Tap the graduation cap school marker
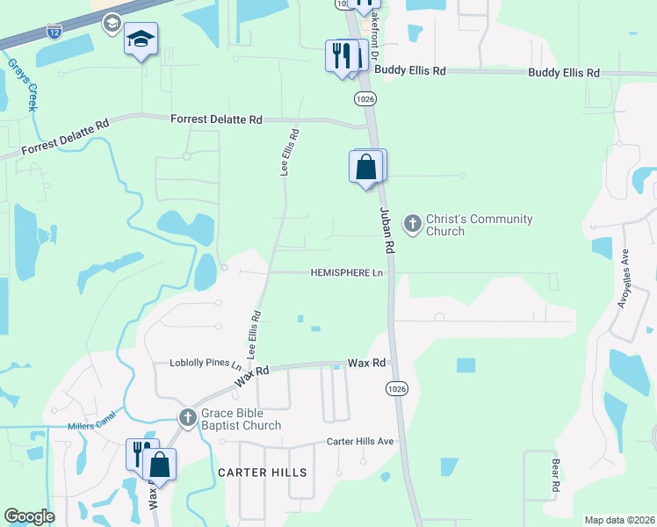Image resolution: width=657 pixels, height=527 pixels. click(141, 40)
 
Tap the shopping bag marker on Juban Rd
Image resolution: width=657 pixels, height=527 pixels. click(366, 166)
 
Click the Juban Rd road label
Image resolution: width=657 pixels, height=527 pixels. click(386, 231)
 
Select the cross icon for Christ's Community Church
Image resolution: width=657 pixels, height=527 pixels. click(412, 225)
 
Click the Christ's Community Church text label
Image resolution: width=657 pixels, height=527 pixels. click(479, 225)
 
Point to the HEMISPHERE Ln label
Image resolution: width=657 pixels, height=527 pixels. click(348, 273)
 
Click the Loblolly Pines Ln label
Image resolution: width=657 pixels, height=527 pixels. click(206, 364)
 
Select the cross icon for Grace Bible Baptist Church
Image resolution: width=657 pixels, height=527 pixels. click(186, 418)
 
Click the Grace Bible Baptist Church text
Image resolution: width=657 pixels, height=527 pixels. click(241, 419)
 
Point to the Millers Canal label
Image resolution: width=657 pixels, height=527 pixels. click(91, 427)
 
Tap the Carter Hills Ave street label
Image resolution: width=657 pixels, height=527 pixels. click(360, 441)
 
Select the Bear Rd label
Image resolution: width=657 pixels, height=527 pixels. click(555, 475)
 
